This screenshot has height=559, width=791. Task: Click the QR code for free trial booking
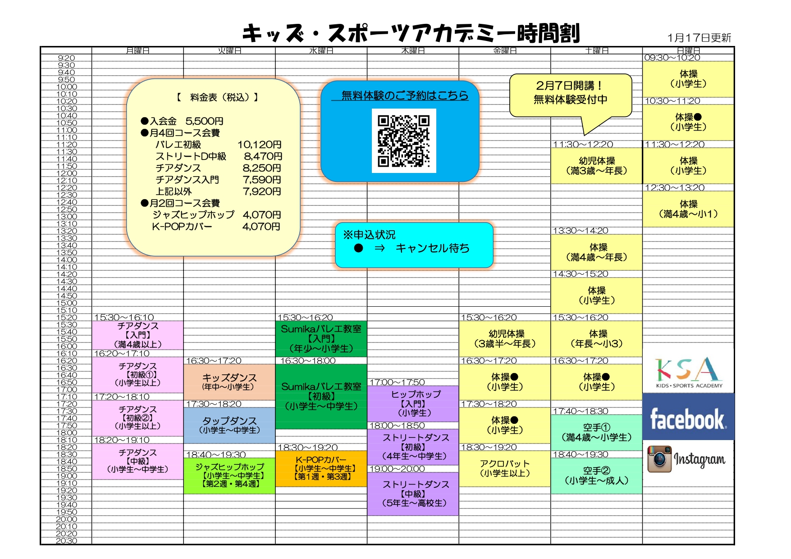click(404, 141)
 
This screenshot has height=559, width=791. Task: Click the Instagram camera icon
click(659, 459)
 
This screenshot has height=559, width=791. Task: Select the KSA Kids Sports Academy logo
click(688, 373)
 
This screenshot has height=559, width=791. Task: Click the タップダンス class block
click(229, 425)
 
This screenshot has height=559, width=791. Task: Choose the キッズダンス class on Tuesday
click(229, 382)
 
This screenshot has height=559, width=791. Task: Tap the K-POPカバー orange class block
click(321, 468)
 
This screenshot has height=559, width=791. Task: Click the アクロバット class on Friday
click(504, 468)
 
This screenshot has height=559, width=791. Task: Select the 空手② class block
click(596, 476)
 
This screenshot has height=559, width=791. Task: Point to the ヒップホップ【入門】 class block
click(413, 403)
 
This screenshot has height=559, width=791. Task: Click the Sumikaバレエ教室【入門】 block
click(321, 339)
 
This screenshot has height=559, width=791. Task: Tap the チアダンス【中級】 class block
click(137, 461)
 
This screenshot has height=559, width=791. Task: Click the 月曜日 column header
click(137, 50)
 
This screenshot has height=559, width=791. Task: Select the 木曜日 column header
click(413, 50)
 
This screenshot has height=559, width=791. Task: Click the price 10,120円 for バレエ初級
click(260, 145)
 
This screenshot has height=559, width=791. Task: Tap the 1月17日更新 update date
click(699, 38)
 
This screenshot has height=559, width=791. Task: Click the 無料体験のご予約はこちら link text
click(404, 95)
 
